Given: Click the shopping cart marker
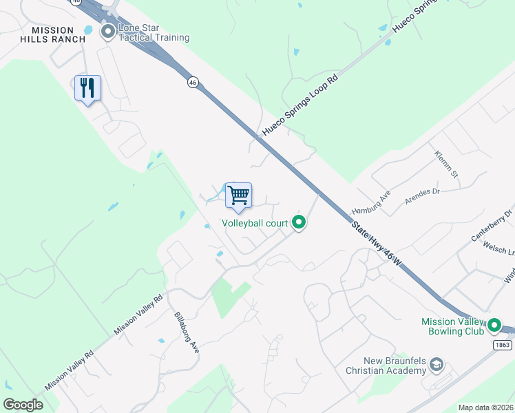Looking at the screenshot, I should pos(238,195).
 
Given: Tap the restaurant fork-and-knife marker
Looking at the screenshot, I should pos(87,87).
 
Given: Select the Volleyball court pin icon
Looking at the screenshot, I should pos(299,222).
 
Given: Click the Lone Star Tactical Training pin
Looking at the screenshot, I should pos(108,31).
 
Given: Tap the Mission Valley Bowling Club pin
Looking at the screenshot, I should pos(494,325).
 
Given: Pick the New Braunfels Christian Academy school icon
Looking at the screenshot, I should pos(437,366).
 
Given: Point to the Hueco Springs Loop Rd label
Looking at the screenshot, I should pos(300,105).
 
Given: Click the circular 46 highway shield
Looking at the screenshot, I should pos(193,82).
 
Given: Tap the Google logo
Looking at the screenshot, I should pos(23,404).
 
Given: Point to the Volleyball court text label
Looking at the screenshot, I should pos(254,224).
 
